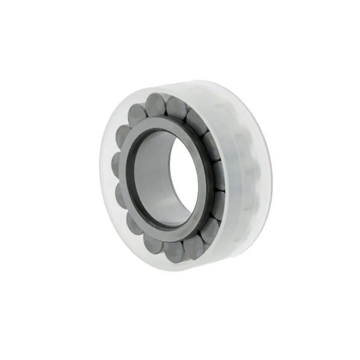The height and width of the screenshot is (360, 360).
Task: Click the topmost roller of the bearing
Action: pyautogui.click(x=155, y=104)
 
